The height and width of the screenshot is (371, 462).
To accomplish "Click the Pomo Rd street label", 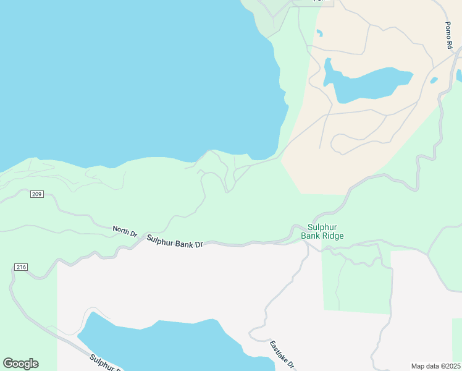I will [x=450, y=35].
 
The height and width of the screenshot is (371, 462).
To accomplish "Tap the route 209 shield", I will [x=36, y=194].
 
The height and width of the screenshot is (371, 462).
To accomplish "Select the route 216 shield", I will [x=20, y=267].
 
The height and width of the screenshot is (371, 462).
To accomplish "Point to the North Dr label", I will [x=125, y=231].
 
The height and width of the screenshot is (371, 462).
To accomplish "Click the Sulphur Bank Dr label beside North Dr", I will [x=175, y=241].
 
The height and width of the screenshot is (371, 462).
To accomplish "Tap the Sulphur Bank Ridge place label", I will [x=322, y=231].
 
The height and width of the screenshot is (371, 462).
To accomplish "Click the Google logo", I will [x=20, y=364].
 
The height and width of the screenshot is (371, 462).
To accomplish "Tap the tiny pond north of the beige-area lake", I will [x=319, y=33].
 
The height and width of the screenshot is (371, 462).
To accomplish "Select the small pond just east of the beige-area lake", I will [x=434, y=80].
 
